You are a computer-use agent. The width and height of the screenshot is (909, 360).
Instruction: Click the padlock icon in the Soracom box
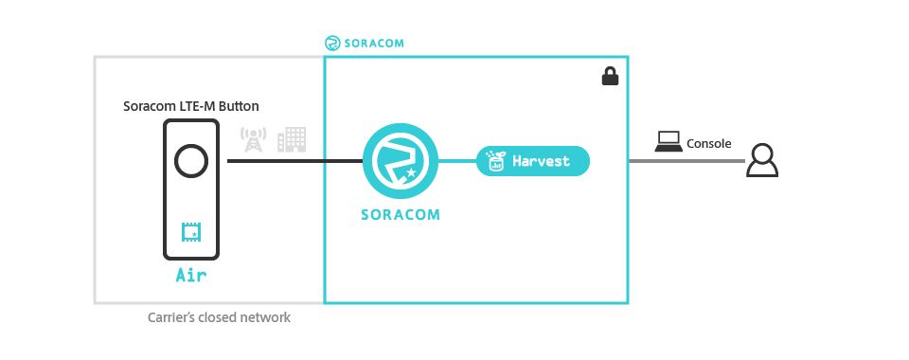coord(610,77)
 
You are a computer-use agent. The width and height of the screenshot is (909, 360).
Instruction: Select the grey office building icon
coord(292,139)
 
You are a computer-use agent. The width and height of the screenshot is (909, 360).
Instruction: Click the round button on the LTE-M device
coord(191,161)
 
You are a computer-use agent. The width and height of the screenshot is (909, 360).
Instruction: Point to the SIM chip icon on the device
coord(190,231)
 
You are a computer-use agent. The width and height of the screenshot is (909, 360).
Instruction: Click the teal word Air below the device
coord(190,277)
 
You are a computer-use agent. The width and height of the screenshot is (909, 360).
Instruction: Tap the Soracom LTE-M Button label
coord(190,106)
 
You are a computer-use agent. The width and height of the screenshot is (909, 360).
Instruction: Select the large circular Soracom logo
coord(400,161)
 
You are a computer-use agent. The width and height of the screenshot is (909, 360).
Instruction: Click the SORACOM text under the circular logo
coord(400,214)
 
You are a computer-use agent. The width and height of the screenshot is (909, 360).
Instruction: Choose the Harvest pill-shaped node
coord(533,161)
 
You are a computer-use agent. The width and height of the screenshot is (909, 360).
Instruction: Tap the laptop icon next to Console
coord(668,143)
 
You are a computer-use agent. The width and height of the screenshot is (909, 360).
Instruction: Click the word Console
coord(708,144)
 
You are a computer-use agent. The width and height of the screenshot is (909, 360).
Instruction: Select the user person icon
coord(761,161)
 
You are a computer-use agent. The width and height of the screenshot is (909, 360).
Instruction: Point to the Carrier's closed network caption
coord(219,318)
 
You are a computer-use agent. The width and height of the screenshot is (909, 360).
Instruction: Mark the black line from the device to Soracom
coord(294,161)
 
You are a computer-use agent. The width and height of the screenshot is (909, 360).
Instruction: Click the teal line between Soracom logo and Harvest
coord(456,161)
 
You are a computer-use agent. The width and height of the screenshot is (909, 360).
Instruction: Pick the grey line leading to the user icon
coord(686,161)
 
